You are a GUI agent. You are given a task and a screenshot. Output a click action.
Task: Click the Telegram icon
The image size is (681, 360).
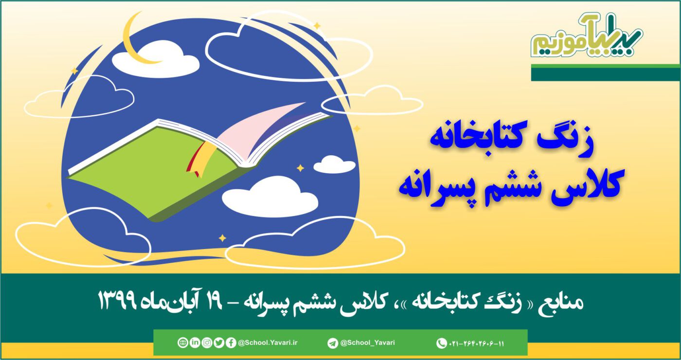[333, 343]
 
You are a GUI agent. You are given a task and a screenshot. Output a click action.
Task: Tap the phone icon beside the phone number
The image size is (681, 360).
[441, 343]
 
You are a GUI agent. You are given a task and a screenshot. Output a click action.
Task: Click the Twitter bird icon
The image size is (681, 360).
[219, 343]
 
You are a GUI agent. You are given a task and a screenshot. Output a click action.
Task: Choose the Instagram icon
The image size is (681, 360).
[207, 343]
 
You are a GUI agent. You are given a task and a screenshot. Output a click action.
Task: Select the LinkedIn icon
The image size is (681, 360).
[195, 343]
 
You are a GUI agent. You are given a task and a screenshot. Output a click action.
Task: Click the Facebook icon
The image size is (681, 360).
[231, 343]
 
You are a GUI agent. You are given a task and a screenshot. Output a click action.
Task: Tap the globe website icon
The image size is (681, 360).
[182, 343]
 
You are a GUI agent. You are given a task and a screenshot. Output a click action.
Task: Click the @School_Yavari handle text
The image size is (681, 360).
[368, 343]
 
